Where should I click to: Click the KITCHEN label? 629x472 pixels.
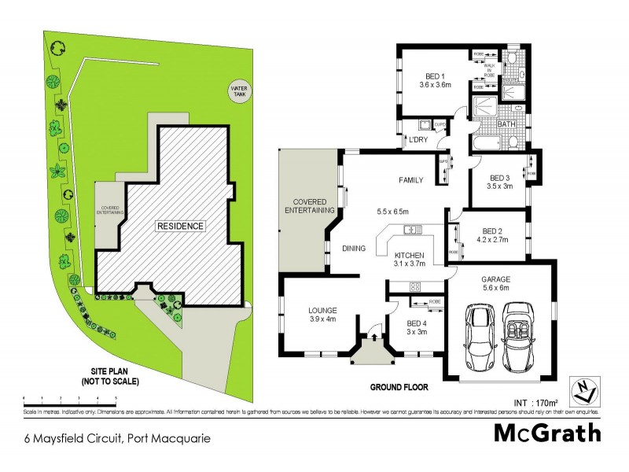point(410,256)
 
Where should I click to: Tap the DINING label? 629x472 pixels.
point(354,249)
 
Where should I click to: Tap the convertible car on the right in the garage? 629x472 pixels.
point(519,339)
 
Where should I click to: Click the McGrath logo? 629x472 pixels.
point(547,433)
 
